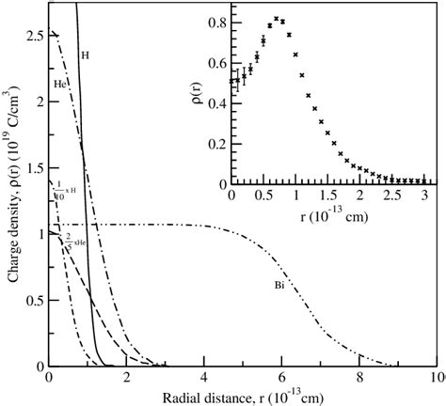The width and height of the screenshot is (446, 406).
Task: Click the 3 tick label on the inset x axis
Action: click(x=424, y=195)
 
